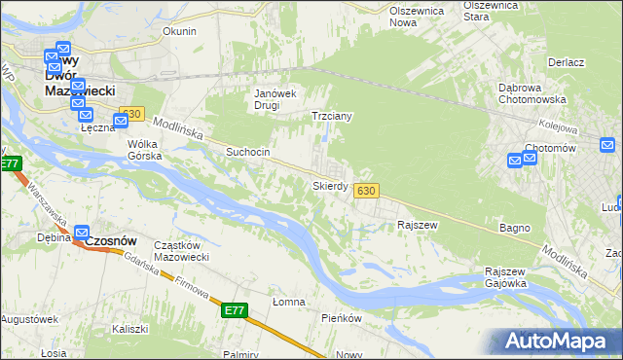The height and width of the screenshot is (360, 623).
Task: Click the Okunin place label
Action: (x=179, y=31)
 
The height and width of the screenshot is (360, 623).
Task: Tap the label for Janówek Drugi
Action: (x=275, y=99)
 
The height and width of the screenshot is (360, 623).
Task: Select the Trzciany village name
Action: (x=331, y=116)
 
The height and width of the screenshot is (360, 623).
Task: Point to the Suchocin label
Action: (x=247, y=152)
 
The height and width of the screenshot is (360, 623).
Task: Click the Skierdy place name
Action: (x=330, y=185)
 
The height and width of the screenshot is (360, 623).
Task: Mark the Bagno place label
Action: (x=515, y=228)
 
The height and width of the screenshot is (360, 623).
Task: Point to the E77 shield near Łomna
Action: (x=235, y=310)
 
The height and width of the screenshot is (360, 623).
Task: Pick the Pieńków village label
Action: (x=342, y=318)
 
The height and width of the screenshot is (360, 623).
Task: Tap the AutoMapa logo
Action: (x=561, y=342)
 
